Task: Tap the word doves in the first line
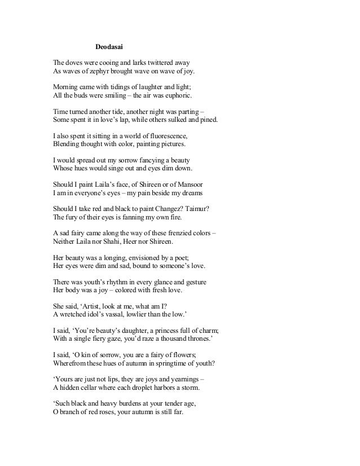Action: [75, 63]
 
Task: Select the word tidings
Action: [114, 87]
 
